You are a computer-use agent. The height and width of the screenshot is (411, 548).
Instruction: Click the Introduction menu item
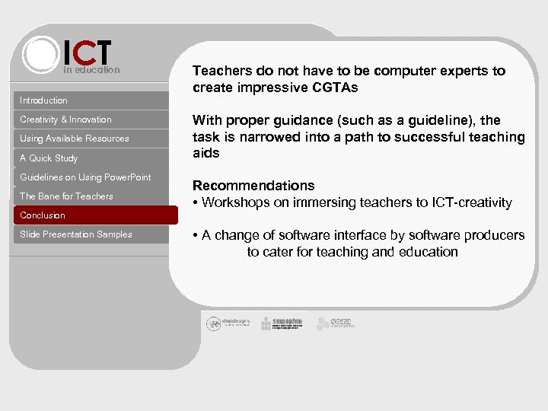point(44,100)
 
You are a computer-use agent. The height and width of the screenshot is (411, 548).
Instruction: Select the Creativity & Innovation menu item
point(65,119)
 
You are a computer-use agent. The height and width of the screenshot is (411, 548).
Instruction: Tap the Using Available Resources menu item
point(75,139)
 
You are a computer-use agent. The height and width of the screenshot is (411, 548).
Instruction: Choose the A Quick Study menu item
point(49,158)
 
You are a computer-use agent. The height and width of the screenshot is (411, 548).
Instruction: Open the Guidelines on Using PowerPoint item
point(85,177)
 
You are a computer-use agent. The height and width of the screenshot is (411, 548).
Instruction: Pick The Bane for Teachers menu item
point(66,196)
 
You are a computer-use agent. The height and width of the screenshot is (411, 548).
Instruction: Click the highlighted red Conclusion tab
point(43,215)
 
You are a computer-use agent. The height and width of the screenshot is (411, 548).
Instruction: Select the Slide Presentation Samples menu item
point(76,234)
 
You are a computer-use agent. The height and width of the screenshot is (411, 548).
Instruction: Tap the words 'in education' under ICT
point(91,70)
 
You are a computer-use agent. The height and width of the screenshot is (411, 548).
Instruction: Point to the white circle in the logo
point(40,55)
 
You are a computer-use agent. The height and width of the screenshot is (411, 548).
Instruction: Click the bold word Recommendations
point(253,186)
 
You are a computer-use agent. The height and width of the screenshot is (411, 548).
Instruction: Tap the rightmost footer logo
point(336,323)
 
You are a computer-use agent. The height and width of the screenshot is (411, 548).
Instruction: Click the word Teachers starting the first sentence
point(222,71)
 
